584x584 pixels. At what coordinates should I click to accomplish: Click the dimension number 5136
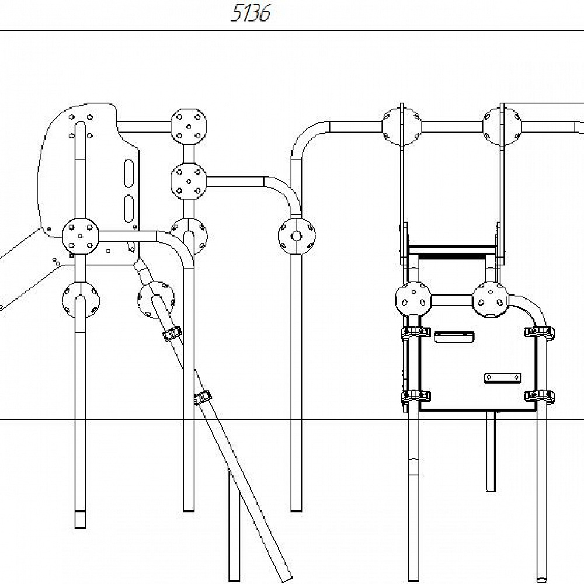251,13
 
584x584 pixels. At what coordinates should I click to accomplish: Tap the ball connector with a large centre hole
297,236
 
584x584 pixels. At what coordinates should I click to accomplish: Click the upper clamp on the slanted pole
172,334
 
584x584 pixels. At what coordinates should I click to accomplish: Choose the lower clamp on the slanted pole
203,398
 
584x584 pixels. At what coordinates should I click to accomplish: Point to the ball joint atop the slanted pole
156,299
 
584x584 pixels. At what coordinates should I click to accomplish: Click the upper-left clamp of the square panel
415,332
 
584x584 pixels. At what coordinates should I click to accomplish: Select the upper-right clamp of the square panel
539,332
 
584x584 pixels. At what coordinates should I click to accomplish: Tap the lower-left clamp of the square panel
415,396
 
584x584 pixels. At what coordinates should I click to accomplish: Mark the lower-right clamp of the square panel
539,396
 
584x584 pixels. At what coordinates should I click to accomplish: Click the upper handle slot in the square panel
454,336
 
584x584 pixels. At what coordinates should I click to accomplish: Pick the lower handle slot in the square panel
502,378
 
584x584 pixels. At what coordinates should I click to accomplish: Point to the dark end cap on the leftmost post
81,519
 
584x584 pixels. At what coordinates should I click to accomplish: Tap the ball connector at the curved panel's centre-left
80,236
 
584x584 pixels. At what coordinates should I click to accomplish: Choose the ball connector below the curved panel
81,300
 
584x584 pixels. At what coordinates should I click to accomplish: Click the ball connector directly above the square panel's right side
491,299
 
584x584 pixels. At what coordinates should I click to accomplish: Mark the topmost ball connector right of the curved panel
189,126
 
